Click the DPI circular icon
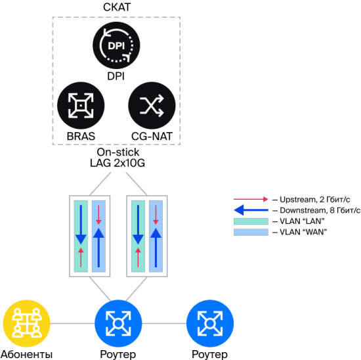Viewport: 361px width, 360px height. point(116,45)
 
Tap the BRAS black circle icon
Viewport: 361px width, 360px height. point(81,106)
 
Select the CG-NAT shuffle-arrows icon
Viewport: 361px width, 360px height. point(152,106)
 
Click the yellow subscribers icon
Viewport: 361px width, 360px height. point(26,323)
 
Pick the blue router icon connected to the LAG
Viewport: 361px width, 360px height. point(118,323)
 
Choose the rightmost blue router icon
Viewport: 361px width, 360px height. point(210,323)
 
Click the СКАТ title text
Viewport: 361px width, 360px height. point(117,7)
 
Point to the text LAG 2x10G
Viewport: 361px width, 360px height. point(117,163)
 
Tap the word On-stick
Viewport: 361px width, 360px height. point(118,152)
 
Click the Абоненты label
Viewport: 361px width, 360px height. point(27,354)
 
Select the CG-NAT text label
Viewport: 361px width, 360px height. point(152,136)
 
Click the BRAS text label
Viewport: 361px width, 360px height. point(81,136)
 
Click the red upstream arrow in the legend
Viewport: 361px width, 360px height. point(251,199)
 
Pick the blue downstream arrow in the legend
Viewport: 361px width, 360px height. point(251,210)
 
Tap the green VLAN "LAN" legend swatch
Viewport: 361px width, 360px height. point(251,221)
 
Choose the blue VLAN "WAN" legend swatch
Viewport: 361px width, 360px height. point(251,232)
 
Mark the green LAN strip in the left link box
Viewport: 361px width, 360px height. point(81,236)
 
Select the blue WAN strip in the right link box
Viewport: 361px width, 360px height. point(156,236)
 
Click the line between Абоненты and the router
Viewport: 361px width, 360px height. point(72,323)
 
